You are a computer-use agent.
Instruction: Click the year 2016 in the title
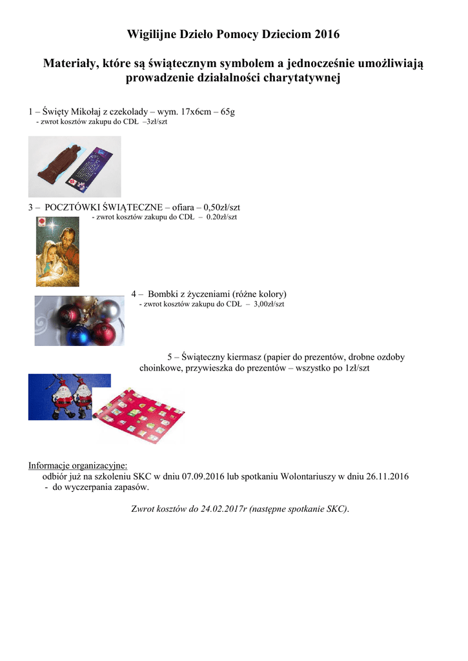pos(327,34)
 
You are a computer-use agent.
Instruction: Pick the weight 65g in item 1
pos(227,112)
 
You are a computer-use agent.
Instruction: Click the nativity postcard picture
pos(57,251)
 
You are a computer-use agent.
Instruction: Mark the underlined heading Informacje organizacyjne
pos(77,465)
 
